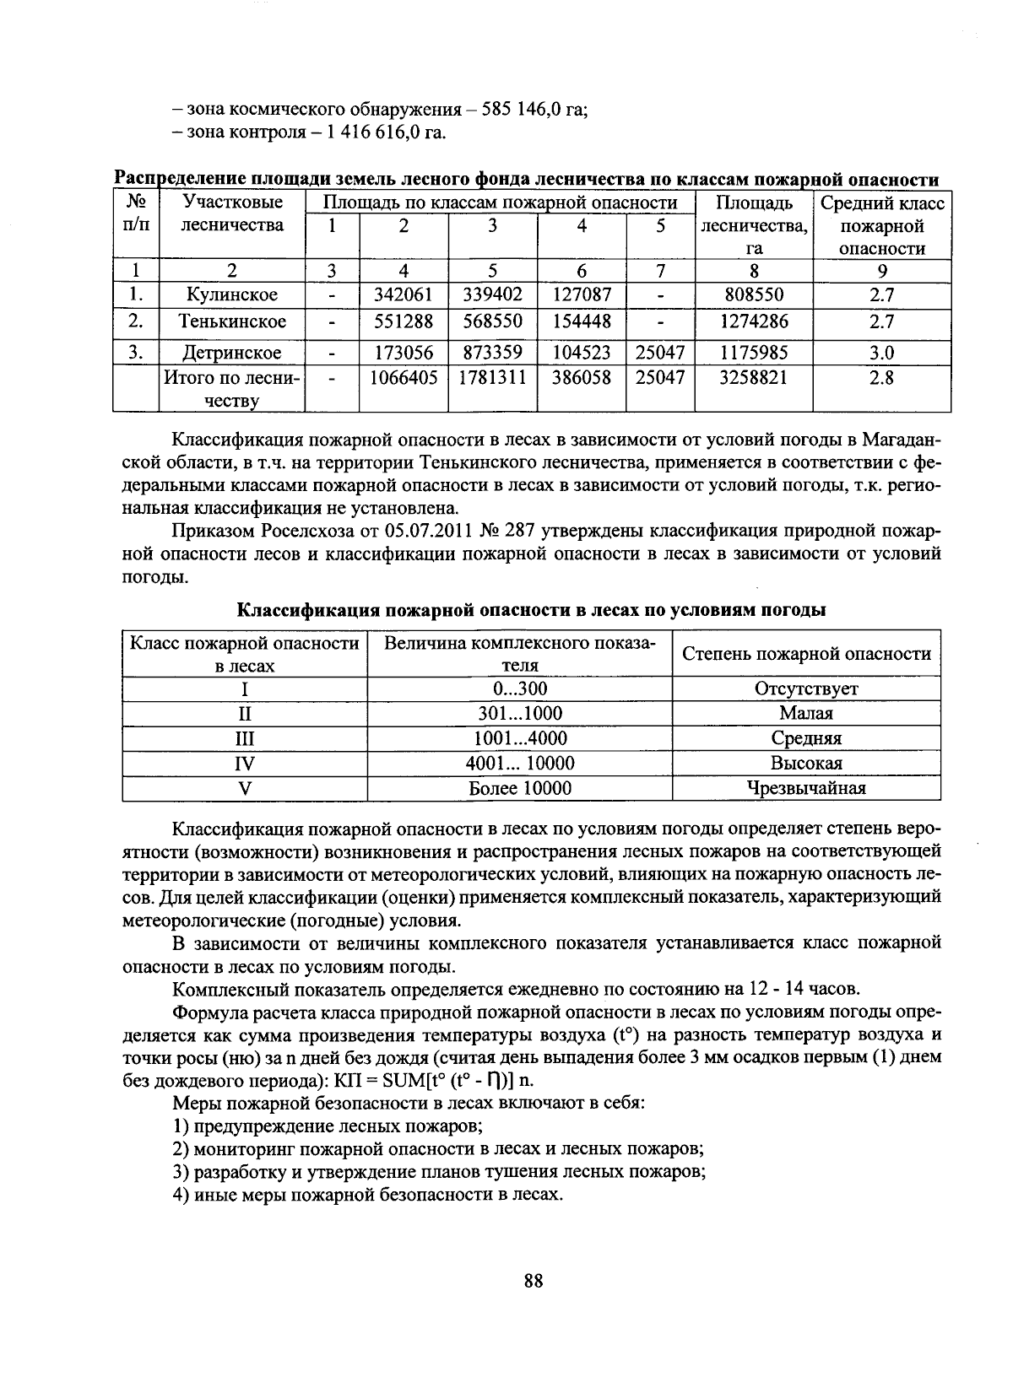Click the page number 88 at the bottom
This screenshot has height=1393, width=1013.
tap(533, 1281)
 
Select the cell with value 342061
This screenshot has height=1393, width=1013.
tap(404, 295)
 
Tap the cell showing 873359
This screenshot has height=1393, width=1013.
tap(492, 353)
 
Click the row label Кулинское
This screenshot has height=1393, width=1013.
tap(232, 295)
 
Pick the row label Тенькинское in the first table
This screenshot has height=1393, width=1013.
tap(232, 321)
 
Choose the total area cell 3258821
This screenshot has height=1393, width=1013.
tap(753, 378)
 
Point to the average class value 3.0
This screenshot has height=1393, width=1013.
tap(881, 353)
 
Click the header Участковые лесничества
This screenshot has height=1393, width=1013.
tap(232, 214)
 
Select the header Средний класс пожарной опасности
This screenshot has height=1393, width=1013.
tap(881, 225)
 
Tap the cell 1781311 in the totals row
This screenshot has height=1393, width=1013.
tap(492, 378)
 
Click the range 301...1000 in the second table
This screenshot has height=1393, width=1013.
tap(519, 713)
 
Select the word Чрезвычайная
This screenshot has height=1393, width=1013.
tap(806, 788)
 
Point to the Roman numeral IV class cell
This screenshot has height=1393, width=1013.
tap(245, 764)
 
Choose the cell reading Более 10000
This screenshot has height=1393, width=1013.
tap(519, 788)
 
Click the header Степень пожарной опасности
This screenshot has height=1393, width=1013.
tap(806, 654)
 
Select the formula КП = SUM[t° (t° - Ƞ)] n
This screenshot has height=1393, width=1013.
tap(434, 1081)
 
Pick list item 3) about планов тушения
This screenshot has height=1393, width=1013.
tap(439, 1172)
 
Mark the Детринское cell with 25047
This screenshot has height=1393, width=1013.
tap(659, 353)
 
